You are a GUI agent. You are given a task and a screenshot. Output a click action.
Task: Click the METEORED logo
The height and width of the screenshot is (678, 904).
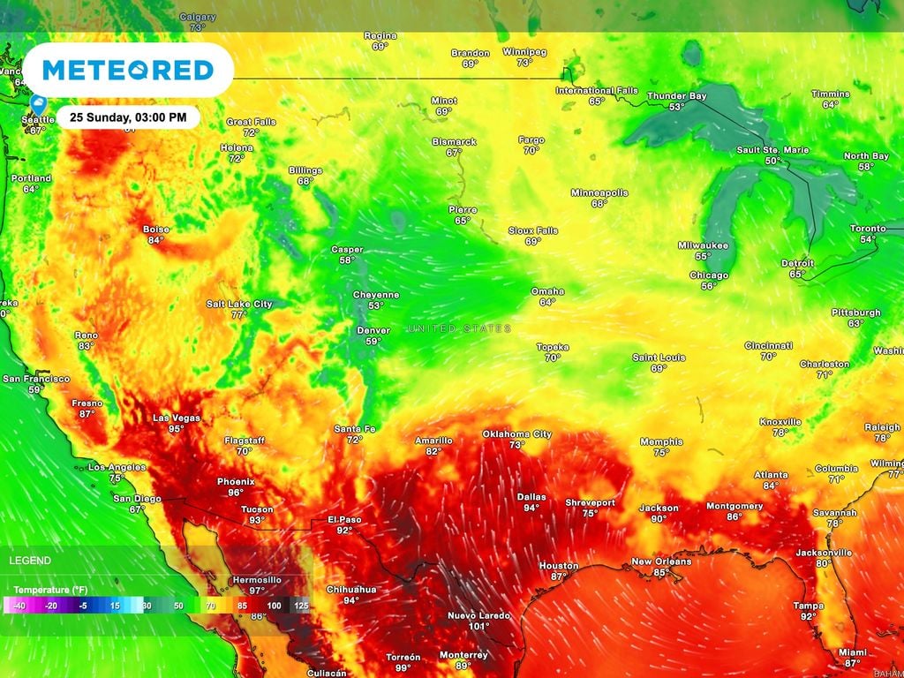(128, 70)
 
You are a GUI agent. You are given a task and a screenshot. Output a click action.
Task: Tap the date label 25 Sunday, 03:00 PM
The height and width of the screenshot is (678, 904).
(130, 117)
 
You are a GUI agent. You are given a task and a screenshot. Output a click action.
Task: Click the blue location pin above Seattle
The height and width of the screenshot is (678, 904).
(38, 104)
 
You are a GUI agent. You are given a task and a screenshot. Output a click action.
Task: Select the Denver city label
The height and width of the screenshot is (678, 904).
(373, 330)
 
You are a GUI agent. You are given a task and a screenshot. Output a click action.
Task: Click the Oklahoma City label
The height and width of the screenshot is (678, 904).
(516, 433)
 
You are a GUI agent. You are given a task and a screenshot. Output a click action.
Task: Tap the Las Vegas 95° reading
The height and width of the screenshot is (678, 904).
(177, 429)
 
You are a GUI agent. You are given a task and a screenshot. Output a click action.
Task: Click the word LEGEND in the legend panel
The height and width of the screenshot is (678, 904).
(30, 561)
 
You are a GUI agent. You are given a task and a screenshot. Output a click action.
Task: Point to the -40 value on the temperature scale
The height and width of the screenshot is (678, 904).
(17, 606)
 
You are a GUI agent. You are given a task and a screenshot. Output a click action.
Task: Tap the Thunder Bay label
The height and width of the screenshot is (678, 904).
(677, 95)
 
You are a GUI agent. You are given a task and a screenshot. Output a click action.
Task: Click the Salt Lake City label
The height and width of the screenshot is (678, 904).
(239, 304)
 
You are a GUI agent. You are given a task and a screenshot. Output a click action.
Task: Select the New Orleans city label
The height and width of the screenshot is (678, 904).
(661, 561)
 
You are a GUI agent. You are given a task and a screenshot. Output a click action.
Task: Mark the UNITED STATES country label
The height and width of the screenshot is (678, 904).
(459, 328)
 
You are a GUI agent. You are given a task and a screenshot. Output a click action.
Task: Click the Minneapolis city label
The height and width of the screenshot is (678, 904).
(599, 192)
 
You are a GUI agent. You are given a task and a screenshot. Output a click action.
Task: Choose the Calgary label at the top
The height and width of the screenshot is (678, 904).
(197, 17)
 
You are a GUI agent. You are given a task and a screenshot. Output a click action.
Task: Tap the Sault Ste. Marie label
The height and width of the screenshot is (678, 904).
(772, 150)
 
